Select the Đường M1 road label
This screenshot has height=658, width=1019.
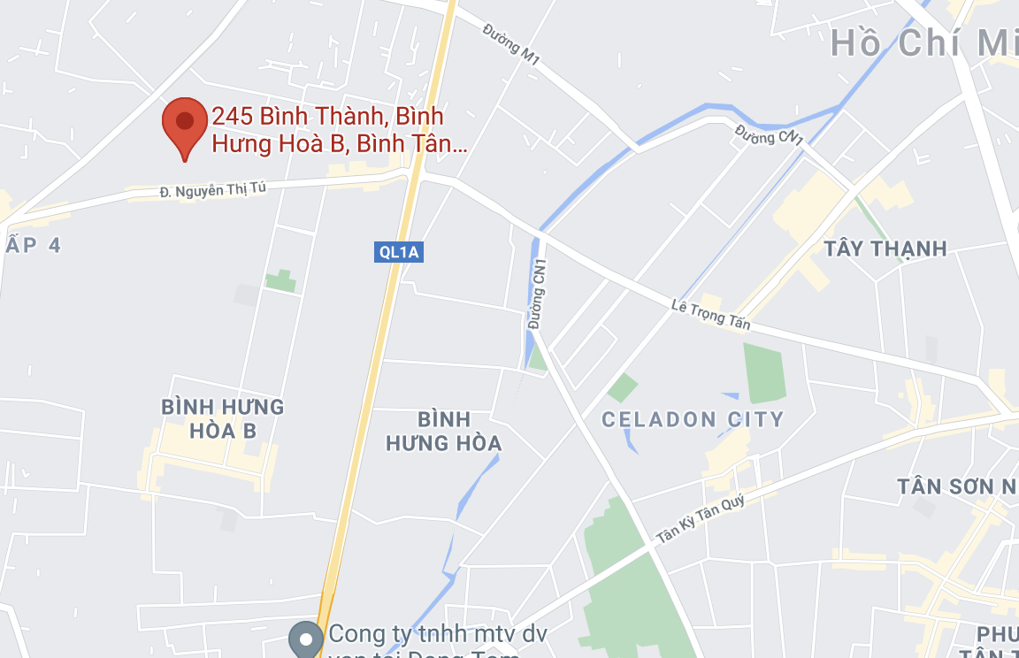511,43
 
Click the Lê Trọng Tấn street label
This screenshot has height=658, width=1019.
710,314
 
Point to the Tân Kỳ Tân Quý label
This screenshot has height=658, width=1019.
701,518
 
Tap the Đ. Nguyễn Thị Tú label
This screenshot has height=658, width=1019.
212,189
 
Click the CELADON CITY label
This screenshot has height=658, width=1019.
693,419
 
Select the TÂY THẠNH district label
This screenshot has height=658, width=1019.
885,249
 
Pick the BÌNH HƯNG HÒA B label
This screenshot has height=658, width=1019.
223,418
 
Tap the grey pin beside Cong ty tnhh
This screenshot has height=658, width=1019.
307,638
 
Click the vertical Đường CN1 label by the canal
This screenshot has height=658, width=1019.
537,295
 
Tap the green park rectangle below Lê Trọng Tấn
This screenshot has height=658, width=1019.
765,372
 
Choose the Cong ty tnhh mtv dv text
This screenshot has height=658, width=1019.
439,635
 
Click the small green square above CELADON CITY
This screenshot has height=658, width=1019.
623,386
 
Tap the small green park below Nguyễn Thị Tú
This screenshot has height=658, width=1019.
281,281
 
